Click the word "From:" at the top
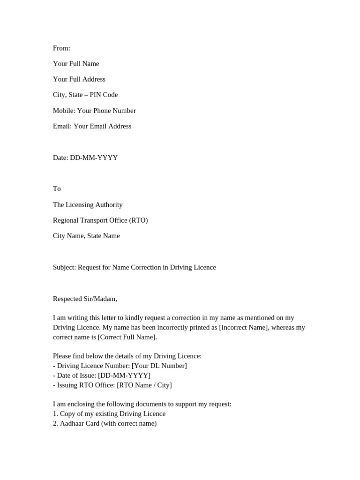click(x=61, y=48)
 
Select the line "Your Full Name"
click(x=76, y=64)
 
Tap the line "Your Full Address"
click(x=79, y=79)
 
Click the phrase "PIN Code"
click(x=104, y=95)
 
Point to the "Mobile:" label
click(x=64, y=111)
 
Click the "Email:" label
click(x=62, y=126)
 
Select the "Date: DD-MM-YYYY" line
click(x=85, y=157)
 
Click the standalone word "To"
click(x=57, y=189)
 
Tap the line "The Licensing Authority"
click(x=88, y=205)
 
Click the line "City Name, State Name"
click(x=86, y=236)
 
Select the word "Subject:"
click(x=64, y=267)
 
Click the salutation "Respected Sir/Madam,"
click(x=85, y=299)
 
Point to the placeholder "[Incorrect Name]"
click(x=244, y=327)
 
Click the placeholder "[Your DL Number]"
click(x=159, y=366)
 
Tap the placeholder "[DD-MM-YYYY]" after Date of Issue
click(x=124, y=375)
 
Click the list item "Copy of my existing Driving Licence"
click(x=112, y=414)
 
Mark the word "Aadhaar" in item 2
click(x=73, y=424)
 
